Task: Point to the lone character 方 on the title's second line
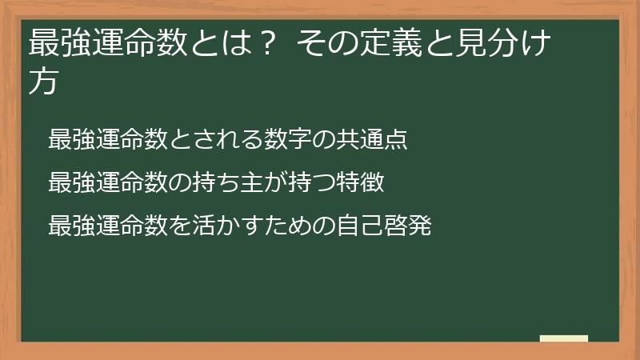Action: pos(43,82)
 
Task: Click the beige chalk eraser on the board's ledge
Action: pos(564,338)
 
